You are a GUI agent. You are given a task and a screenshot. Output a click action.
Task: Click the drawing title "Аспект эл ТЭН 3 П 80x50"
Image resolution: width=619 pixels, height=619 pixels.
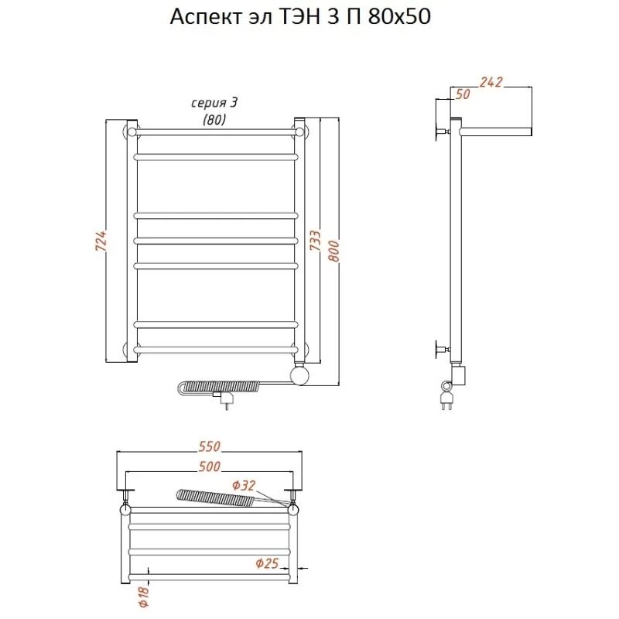coord(300,17)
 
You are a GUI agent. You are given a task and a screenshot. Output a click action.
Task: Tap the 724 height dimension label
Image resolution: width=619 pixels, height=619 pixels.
coord(101,241)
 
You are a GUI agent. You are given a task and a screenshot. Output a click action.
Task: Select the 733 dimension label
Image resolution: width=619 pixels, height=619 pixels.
coord(315,241)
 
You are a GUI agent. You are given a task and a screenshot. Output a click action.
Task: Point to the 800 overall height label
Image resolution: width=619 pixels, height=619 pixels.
coord(333,251)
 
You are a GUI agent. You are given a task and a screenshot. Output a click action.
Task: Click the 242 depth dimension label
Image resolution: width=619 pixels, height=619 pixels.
coord(491,82)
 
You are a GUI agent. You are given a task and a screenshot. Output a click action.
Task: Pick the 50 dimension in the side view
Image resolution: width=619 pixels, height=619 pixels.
coord(463,94)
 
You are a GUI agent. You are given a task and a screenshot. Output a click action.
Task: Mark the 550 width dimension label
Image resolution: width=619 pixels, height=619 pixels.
coord(209,446)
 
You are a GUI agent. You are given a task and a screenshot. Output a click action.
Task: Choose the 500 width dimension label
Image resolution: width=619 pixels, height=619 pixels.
coord(209,467)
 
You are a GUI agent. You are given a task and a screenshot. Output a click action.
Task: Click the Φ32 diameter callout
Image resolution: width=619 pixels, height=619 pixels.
coord(244,485)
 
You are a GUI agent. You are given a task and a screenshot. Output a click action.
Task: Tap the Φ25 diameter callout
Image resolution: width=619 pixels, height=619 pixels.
coord(267,563)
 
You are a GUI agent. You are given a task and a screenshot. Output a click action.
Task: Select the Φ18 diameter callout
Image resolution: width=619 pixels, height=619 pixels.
coord(144,596)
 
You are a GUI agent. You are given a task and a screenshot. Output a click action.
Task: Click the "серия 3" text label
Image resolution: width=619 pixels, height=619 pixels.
coord(214,103)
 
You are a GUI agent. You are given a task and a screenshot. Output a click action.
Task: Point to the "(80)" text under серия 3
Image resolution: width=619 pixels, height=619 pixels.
coord(214,119)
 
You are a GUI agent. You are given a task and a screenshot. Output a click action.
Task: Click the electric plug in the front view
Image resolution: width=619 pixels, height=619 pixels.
coord(224,398)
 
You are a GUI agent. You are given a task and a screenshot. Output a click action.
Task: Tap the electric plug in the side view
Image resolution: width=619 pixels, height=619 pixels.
coord(446,398)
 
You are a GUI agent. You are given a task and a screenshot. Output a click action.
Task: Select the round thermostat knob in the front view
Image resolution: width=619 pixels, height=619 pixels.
coord(300,374)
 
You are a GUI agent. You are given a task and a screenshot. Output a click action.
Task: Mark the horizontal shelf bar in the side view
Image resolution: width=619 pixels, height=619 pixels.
coord(496,132)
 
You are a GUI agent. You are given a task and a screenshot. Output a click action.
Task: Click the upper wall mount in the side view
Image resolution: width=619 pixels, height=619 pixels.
coord(442,131)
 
